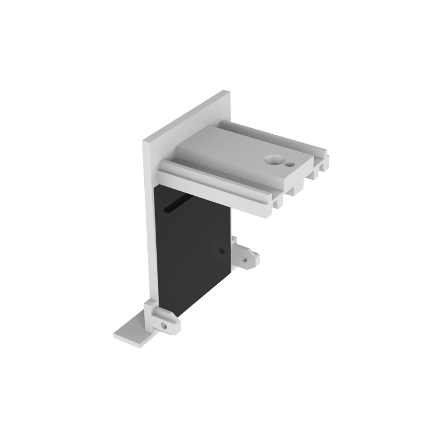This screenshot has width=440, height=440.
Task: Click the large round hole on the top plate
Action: (x=272, y=160)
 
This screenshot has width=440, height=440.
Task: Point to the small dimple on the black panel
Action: (x=221, y=251)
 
